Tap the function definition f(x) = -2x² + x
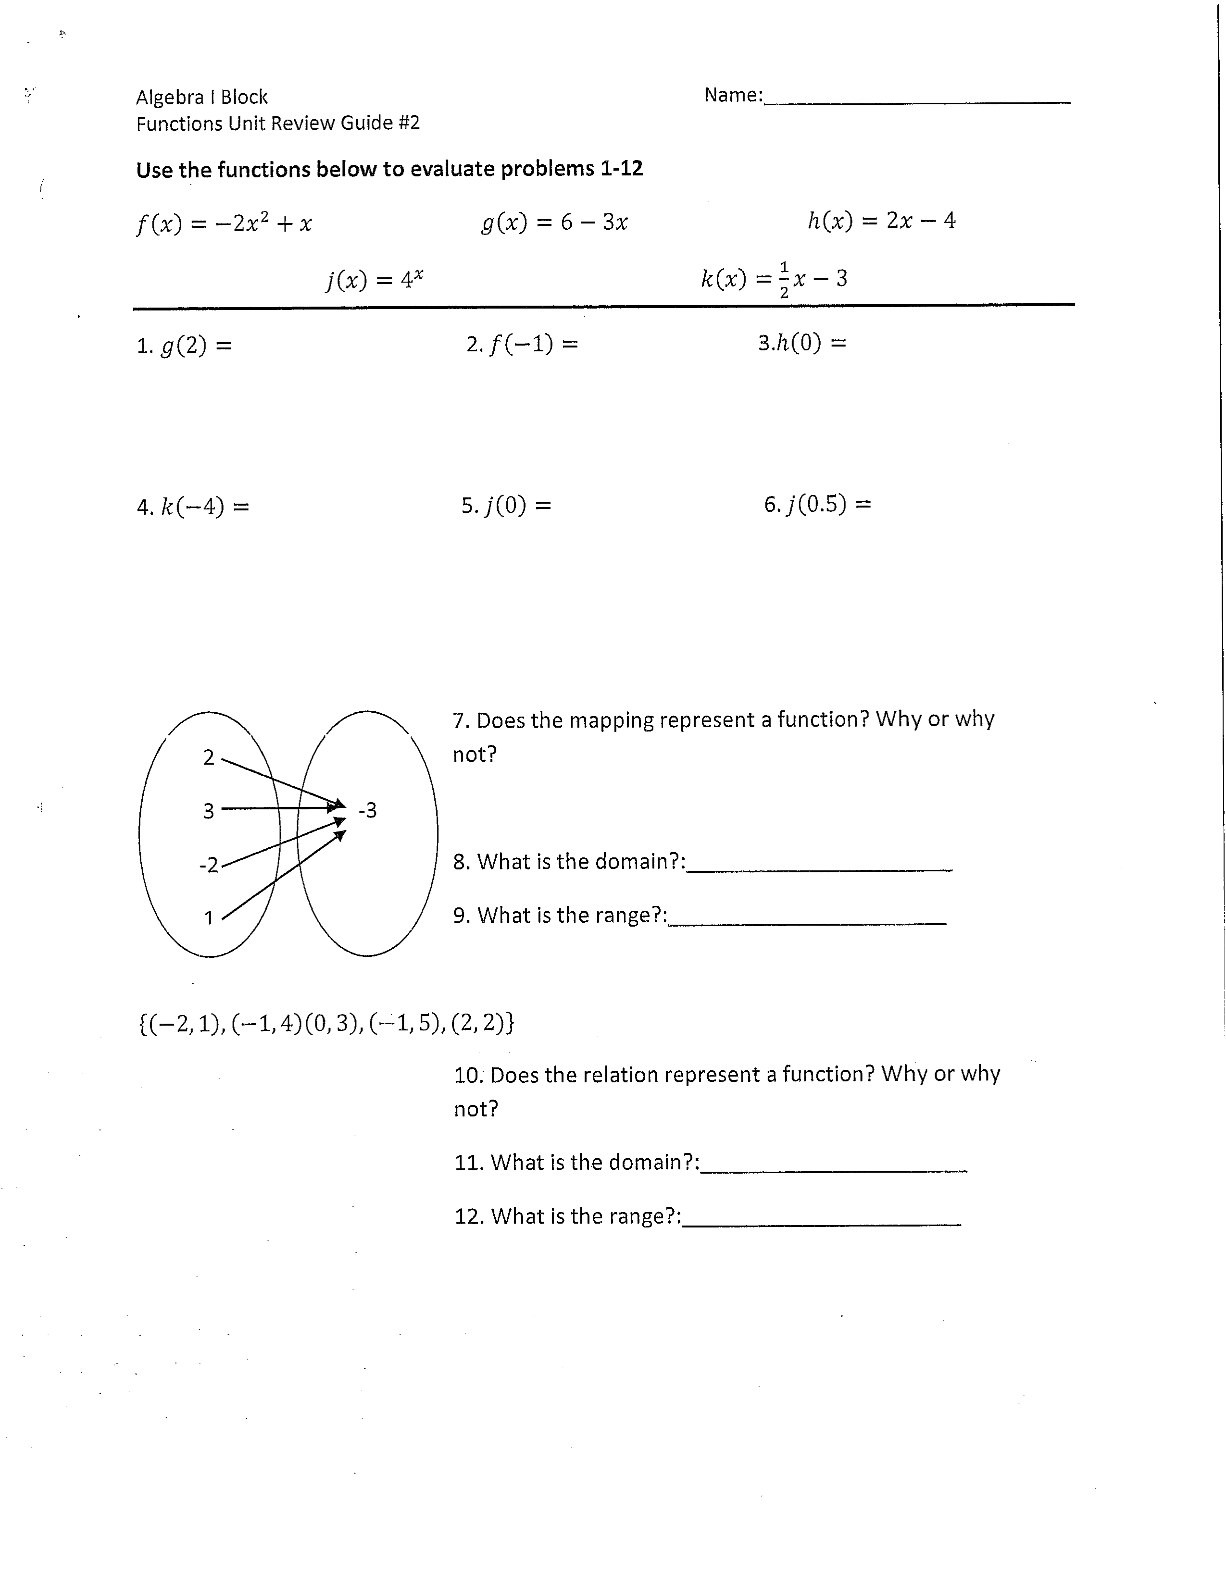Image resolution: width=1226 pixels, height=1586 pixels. pos(224,222)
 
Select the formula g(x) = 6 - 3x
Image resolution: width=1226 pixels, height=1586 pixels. pos(554,222)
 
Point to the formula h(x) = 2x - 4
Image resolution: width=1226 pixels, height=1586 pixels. pos(881,220)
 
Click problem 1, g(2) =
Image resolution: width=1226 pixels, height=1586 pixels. pos(184,346)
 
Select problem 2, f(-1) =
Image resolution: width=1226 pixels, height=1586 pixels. pos(522,344)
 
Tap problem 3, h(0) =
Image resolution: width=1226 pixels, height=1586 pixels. pos(802,343)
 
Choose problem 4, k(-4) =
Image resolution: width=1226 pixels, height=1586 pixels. pos(192,506)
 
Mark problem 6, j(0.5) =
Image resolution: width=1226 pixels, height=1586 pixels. pos(817,504)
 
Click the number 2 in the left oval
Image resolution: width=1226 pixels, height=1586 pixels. pos(209,757)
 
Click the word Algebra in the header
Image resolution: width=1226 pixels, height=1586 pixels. pos(170,97)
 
